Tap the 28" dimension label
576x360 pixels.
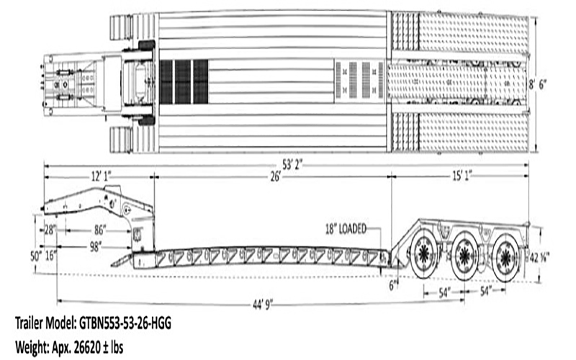(x=50, y=230)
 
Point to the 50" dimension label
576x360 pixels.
(x=35, y=256)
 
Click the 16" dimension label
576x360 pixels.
(x=50, y=256)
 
